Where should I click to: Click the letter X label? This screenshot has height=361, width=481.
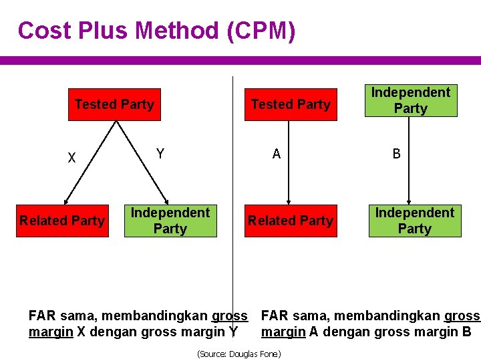[71, 158]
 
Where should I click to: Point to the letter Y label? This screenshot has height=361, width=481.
[160, 154]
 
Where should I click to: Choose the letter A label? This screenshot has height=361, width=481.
[277, 154]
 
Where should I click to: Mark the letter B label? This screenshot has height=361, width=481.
[397, 154]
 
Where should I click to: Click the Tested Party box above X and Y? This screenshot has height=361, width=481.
[114, 104]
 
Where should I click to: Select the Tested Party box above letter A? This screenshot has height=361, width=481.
[291, 104]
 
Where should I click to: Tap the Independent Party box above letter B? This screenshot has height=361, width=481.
[411, 100]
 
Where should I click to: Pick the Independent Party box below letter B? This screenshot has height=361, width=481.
[415, 221]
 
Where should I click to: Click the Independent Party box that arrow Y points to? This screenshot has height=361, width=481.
[170, 221]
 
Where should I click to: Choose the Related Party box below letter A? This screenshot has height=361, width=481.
[291, 221]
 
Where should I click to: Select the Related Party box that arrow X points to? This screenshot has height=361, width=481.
[62, 221]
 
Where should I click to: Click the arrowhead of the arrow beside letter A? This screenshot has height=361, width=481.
[289, 200]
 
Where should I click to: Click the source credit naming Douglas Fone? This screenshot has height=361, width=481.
[238, 354]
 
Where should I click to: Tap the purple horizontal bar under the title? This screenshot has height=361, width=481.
[240, 60]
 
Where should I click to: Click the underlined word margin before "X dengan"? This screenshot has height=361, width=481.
[51, 332]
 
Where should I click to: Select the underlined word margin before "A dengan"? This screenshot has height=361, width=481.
[283, 332]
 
